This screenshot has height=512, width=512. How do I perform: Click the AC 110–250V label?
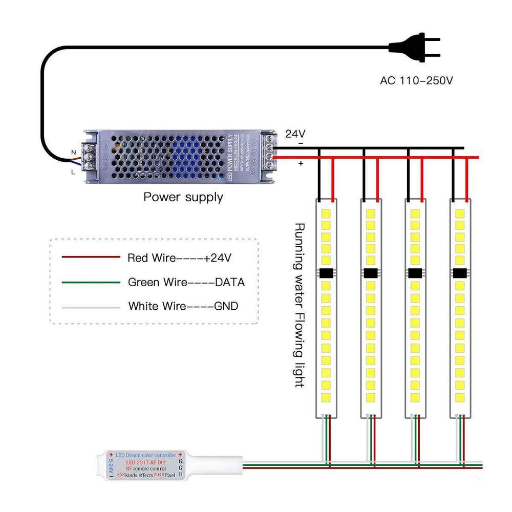tap(417, 80)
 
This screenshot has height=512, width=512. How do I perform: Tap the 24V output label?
tap(295, 134)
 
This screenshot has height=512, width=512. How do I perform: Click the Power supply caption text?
tap(183, 197)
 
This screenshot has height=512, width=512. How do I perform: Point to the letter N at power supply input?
tap(73, 152)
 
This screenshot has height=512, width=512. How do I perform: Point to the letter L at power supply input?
tap(73, 173)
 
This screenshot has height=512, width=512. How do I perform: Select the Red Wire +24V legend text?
tap(179, 258)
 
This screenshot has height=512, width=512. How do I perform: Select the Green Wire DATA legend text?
tap(186, 282)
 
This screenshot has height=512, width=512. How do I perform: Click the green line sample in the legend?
tap(91, 282)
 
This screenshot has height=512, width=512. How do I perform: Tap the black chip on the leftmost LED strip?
tap(326, 273)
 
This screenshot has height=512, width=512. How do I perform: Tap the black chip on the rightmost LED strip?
tap(460, 273)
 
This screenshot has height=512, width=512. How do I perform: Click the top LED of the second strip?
tap(371, 211)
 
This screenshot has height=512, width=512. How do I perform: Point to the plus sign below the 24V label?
tap(301, 163)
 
